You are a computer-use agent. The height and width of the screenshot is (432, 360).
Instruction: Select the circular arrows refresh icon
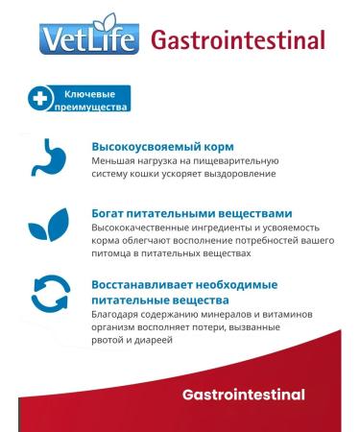coord(49,297)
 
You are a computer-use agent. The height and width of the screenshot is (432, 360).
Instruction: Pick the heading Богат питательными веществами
coord(192,212)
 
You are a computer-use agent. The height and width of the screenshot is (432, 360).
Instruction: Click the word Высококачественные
coord(143,227)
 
